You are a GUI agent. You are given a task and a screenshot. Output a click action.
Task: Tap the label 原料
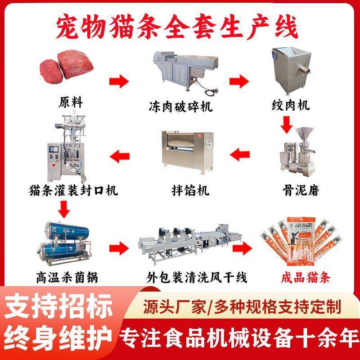click(71, 102)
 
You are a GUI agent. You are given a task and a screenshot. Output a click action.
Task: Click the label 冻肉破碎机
click(180, 107)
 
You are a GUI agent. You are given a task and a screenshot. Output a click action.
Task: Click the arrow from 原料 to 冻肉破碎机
click(118, 82)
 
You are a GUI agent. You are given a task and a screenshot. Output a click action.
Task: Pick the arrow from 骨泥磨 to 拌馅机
click(240, 155)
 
